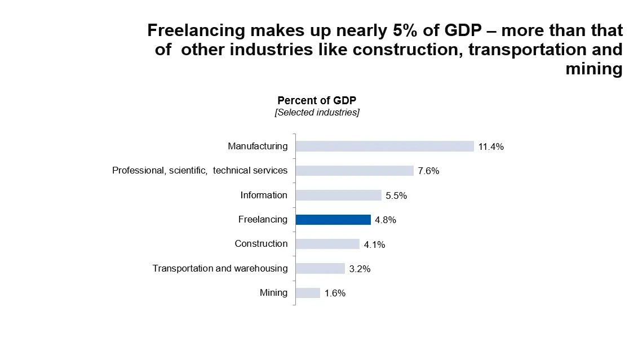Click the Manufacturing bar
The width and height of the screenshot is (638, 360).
pyautogui.click(x=384, y=146)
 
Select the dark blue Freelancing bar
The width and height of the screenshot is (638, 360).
pyautogui.click(x=333, y=220)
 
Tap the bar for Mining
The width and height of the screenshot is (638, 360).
pyautogui.click(x=308, y=293)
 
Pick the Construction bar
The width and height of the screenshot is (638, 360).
pyautogui.click(x=327, y=244)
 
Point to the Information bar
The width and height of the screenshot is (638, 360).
pyautogui.click(x=338, y=195)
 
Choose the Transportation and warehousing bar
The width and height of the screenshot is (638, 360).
pyautogui.click(x=320, y=269)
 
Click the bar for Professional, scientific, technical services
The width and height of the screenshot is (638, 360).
pyautogui.click(x=355, y=171)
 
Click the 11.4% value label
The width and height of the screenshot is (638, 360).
pyautogui.click(x=490, y=147)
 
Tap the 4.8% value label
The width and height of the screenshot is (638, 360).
pyautogui.click(x=386, y=220)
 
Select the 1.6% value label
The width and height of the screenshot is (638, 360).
pyautogui.click(x=335, y=294)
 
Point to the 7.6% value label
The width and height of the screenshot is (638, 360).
pyautogui.click(x=428, y=171)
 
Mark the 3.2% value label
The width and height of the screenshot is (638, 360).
pyautogui.click(x=360, y=269)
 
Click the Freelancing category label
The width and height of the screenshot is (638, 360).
pyautogui.click(x=263, y=220)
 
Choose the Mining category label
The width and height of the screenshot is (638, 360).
pyautogui.click(x=273, y=293)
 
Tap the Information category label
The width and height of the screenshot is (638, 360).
pyautogui.click(x=264, y=195)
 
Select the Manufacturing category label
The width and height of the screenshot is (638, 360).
pyautogui.click(x=258, y=146)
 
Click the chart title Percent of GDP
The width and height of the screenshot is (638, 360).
pyautogui.click(x=317, y=100)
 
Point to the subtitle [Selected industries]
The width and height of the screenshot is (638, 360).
pyautogui.click(x=317, y=113)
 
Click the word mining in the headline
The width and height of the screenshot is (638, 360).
pyautogui.click(x=594, y=69)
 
